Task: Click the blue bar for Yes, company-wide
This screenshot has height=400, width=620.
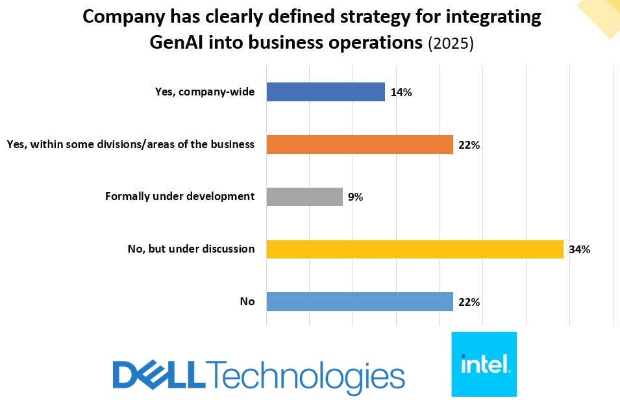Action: click(x=325, y=92)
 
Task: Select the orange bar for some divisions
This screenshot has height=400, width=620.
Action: click(x=360, y=145)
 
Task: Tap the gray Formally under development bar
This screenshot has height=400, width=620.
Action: click(x=304, y=197)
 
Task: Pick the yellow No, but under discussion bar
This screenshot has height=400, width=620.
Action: click(x=415, y=249)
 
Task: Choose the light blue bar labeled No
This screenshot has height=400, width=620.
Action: click(x=360, y=302)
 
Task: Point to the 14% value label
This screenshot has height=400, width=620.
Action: click(x=401, y=92)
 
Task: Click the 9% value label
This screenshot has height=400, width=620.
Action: click(x=354, y=197)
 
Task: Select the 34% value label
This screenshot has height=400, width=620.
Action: click(x=578, y=249)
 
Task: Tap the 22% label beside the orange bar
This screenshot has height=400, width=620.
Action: click(x=468, y=145)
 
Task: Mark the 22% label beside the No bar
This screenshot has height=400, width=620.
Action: click(x=468, y=302)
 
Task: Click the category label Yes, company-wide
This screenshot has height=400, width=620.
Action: click(x=205, y=92)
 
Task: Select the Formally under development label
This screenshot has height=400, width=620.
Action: click(x=180, y=196)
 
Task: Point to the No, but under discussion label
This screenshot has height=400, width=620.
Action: click(x=191, y=249)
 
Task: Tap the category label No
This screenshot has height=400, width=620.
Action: click(x=247, y=301)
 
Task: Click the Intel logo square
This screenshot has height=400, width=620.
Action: click(x=484, y=364)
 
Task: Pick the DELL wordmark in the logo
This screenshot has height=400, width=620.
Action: click(x=158, y=376)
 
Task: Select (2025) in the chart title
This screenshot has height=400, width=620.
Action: click(x=451, y=44)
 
